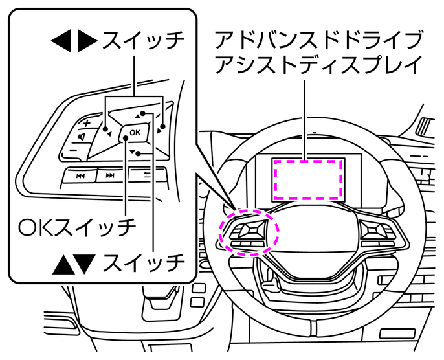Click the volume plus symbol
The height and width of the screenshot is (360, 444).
point(86,123)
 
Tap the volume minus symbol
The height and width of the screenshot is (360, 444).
point(73,150)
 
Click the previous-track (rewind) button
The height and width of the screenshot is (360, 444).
point(80,175)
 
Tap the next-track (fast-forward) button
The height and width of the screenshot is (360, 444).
point(110,175)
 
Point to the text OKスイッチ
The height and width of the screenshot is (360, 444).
point(77,227)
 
